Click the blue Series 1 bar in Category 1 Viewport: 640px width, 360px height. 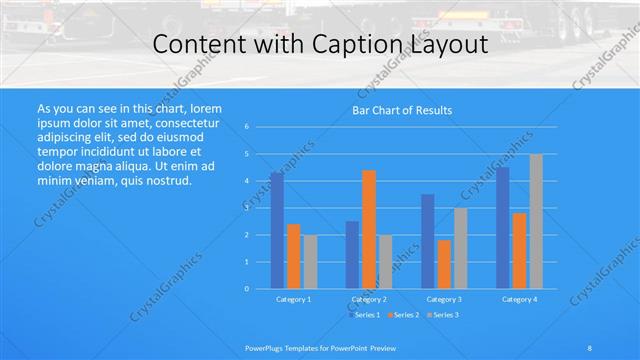click(277, 230)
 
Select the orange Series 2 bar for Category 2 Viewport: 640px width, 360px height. click(369, 229)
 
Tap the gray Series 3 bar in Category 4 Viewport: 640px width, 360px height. click(536, 221)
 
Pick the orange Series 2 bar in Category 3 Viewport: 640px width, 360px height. click(444, 264)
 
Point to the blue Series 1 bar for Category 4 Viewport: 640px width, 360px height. click(503, 227)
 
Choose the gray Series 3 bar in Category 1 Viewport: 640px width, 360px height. click(310, 261)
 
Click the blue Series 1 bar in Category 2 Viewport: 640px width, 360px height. click(352, 254)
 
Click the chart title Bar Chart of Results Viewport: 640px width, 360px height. click(402, 110)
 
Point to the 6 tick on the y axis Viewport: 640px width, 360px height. click(246, 127)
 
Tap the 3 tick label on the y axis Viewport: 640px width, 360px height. click(246, 208)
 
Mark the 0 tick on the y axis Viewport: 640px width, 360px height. click(246, 289)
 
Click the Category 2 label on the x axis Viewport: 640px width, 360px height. click(369, 299)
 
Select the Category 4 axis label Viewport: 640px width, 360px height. click(519, 299)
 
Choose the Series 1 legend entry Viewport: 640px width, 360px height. click(365, 315)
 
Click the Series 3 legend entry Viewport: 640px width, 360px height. click(443, 315)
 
